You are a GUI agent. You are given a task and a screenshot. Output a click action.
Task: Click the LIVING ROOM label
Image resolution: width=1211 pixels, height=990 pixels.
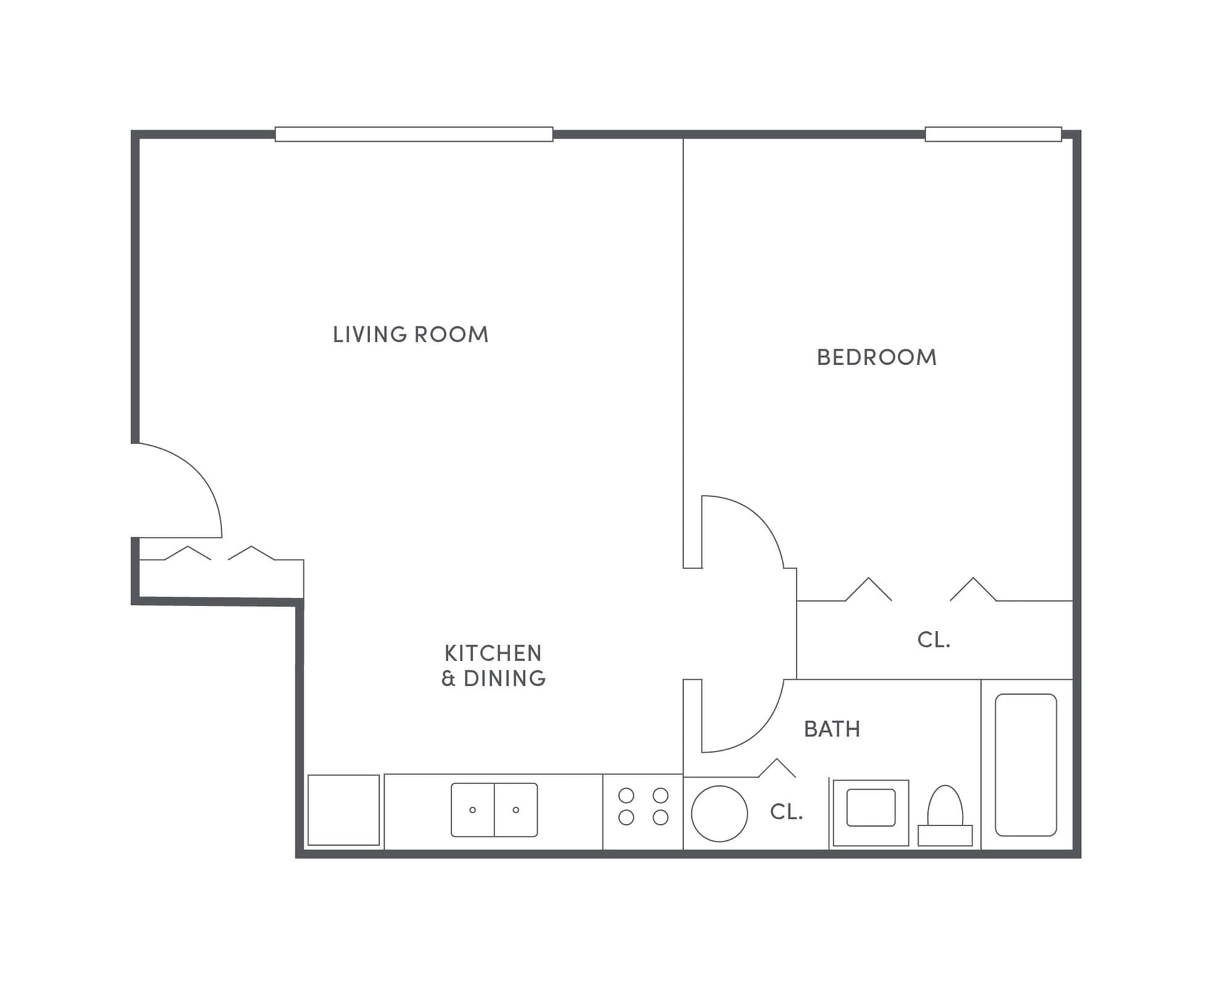410,335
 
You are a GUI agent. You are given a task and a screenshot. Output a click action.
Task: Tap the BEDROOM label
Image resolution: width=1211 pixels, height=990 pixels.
876,358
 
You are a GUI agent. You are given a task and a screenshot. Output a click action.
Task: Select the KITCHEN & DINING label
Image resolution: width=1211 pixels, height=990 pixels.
493,666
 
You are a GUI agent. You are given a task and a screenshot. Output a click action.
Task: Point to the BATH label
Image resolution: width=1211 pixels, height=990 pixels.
832,729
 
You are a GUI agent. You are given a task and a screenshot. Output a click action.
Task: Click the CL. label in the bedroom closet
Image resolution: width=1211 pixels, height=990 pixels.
934,640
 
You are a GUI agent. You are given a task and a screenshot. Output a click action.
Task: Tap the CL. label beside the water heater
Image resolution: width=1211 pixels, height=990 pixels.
786,812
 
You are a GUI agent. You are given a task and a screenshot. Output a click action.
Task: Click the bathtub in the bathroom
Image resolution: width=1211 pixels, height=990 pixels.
1025,765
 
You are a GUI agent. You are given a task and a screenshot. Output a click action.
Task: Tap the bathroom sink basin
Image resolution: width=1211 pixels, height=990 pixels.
871,808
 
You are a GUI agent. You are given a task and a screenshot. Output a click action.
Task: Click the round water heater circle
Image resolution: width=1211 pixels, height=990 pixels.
719,814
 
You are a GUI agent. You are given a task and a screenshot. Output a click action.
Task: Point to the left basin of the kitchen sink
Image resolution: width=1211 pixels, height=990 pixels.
473,810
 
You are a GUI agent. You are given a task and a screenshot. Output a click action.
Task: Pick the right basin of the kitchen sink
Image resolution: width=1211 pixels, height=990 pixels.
516,810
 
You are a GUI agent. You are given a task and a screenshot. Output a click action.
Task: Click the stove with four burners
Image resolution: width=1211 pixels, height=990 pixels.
643,806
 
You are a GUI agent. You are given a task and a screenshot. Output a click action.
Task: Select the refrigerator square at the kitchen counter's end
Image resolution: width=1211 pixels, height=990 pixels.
343,810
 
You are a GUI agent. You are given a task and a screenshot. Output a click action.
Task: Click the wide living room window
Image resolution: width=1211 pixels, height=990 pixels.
414,134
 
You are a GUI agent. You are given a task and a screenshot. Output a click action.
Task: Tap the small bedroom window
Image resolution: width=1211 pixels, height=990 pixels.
993,134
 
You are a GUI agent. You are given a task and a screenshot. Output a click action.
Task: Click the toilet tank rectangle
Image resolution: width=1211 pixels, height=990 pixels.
945,836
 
